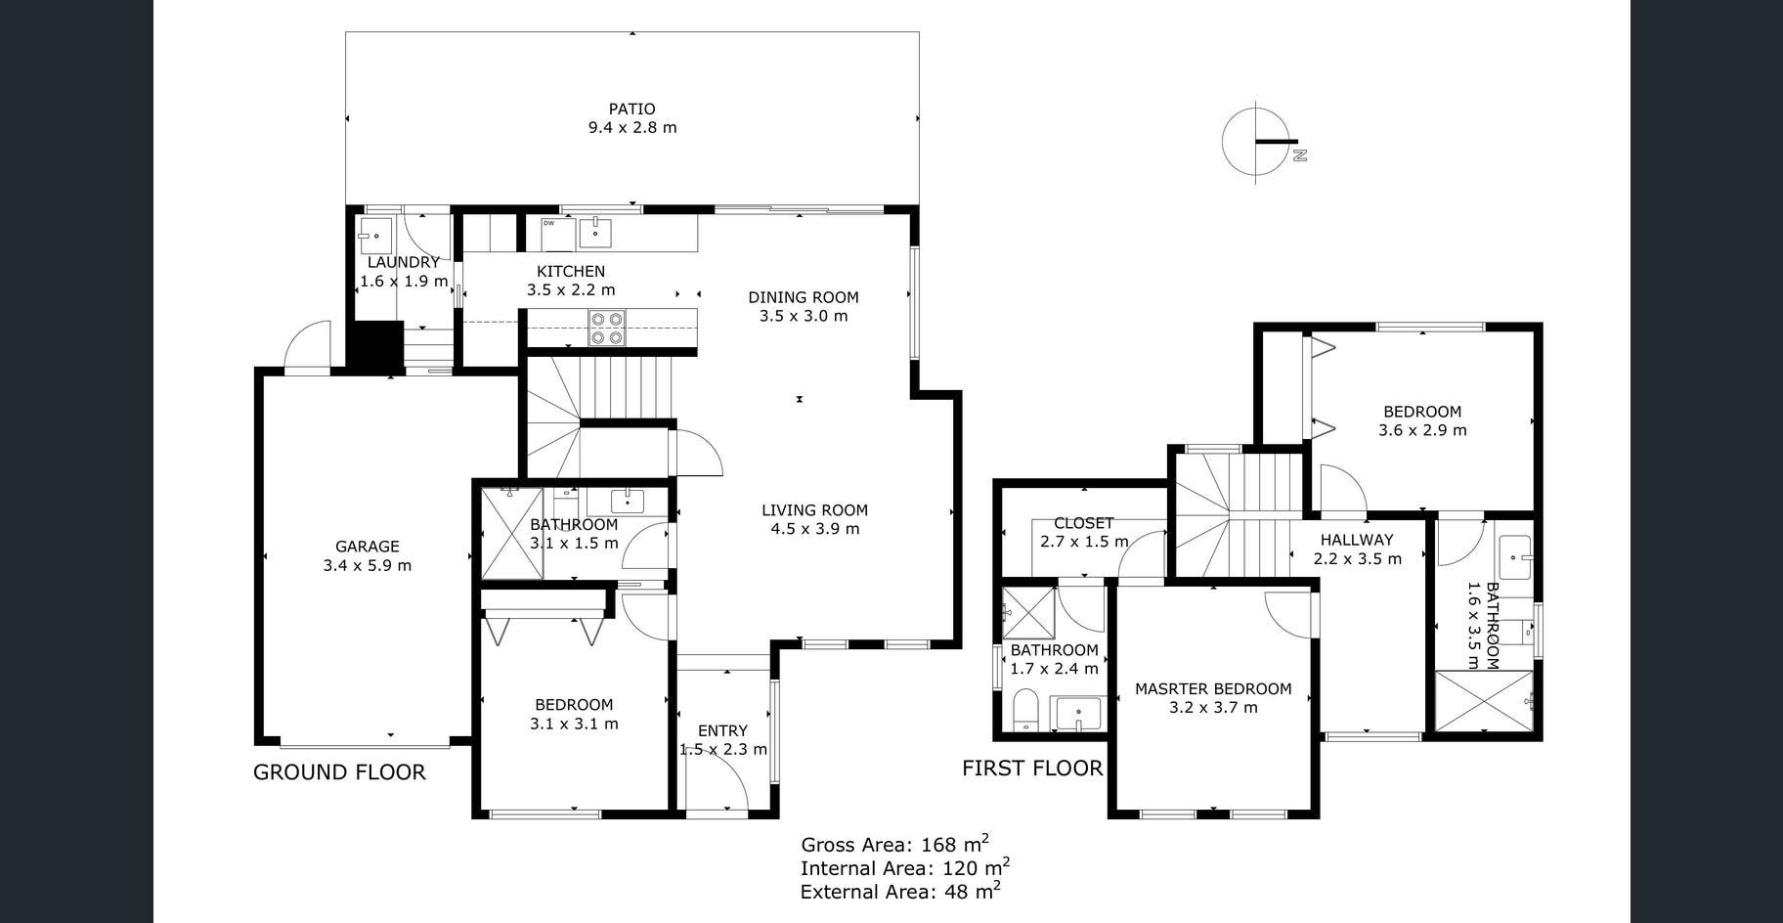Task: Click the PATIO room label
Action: (x=631, y=109)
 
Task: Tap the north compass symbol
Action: (x=1260, y=143)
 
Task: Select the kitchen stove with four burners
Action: (x=607, y=328)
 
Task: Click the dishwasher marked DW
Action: (x=557, y=235)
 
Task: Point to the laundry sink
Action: (x=374, y=237)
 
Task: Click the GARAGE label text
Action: (x=368, y=547)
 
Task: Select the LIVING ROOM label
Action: (x=815, y=509)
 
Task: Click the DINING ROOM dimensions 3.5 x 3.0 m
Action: (x=804, y=316)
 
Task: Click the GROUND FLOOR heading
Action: (x=339, y=772)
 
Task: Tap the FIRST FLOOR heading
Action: (x=1032, y=769)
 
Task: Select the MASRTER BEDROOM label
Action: (x=1213, y=689)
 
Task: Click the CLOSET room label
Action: (x=1084, y=523)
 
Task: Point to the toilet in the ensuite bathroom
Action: (x=1025, y=709)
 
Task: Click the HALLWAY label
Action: (x=1357, y=540)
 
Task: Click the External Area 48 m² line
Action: (x=900, y=890)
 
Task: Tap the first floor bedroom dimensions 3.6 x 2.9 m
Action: (x=1422, y=430)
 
